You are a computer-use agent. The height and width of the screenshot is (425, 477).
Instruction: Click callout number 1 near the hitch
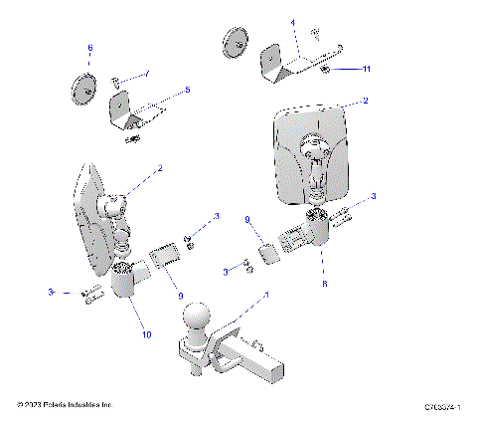pos(265,296)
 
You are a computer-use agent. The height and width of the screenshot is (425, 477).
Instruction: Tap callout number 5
pos(188,90)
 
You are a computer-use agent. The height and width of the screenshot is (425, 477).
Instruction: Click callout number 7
pos(147,74)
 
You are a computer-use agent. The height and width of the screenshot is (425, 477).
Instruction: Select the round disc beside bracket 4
pos(237,46)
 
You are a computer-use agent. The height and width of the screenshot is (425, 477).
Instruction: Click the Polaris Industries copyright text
pos(66,406)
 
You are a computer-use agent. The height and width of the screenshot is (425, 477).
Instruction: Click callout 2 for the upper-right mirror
pos(366,101)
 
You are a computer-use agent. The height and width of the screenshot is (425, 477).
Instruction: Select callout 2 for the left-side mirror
pos(160,168)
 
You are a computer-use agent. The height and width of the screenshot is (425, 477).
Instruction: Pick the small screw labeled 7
pos(117,80)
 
